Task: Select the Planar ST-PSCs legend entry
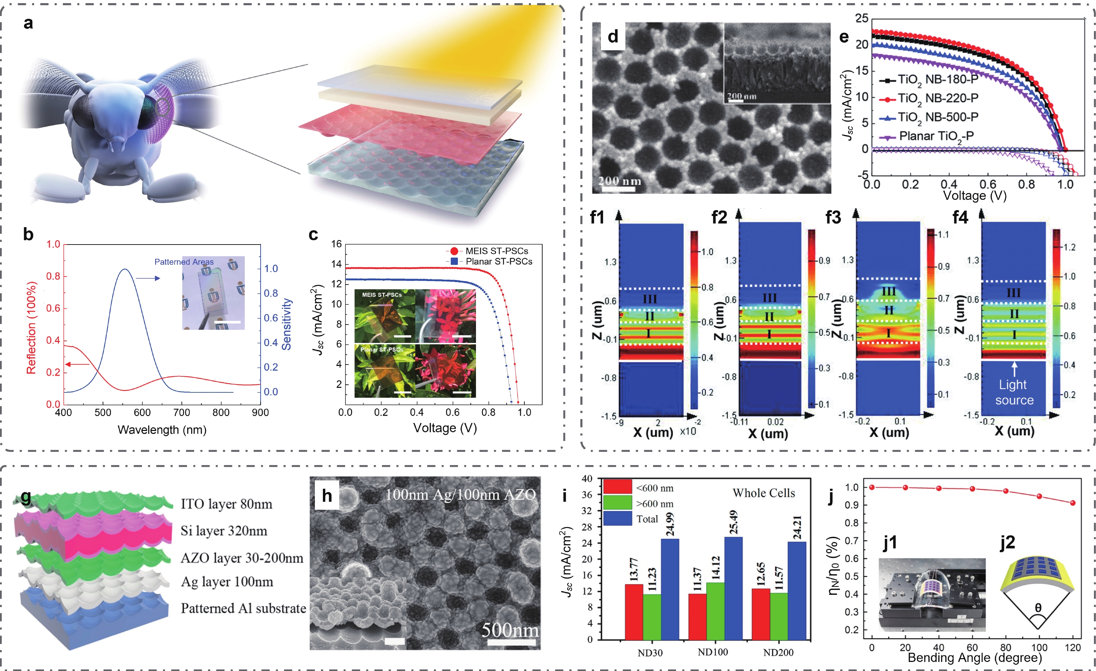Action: pyautogui.click(x=498, y=262)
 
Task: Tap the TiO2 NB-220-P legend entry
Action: pyautogui.click(x=938, y=98)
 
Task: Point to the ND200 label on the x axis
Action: pyautogui.click(x=778, y=652)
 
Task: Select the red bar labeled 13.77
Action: pyautogui.click(x=634, y=612)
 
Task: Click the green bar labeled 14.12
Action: pyautogui.click(x=715, y=610)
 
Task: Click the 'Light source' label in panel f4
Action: pyautogui.click(x=1014, y=392)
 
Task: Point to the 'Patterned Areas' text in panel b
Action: pyautogui.click(x=184, y=262)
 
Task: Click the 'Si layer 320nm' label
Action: pyautogui.click(x=224, y=531)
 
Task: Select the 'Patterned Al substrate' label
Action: pyautogui.click(x=243, y=608)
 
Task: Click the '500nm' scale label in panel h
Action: pyautogui.click(x=510, y=630)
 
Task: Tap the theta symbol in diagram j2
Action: pyautogui.click(x=1038, y=608)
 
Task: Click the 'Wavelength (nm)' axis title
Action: pyautogui.click(x=162, y=430)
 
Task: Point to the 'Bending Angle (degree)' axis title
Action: pyautogui.click(x=975, y=658)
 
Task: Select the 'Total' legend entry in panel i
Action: pyautogui.click(x=647, y=519)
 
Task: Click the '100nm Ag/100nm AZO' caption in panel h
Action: pyautogui.click(x=460, y=495)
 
